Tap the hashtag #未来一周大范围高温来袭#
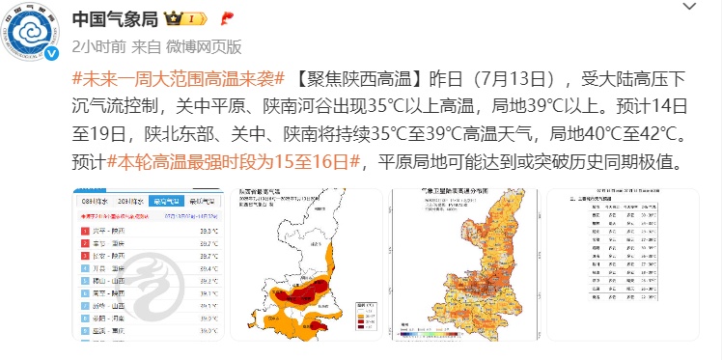[177, 78]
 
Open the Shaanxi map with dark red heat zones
[305, 270]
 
